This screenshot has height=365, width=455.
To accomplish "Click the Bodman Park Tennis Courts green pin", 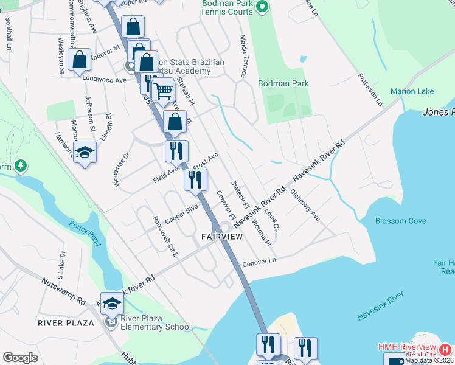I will [262, 8].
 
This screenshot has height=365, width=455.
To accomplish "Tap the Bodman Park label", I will [283, 83].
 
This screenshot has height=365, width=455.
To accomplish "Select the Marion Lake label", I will [412, 91].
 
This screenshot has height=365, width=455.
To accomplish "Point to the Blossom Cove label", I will [400, 221].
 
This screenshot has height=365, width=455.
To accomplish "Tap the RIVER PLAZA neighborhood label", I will [66, 322].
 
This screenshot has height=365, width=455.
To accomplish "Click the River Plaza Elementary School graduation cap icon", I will [112, 303].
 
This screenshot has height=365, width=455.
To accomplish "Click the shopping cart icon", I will [163, 91].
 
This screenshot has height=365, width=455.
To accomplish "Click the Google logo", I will [20, 358].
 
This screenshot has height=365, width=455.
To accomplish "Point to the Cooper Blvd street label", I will [182, 214].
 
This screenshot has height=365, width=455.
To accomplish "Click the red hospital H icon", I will [445, 350].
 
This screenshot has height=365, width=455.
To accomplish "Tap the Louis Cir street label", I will [271, 222].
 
